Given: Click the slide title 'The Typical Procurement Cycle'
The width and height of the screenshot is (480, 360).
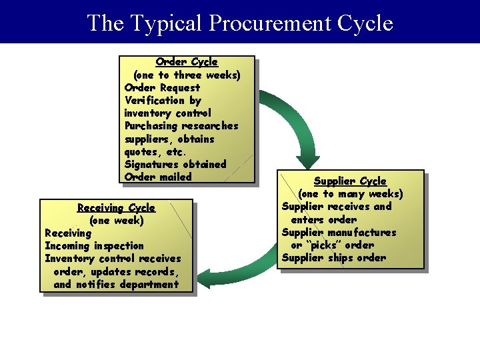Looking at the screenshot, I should pos(240,23).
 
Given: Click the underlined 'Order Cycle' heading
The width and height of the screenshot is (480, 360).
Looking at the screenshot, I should pos(187,62).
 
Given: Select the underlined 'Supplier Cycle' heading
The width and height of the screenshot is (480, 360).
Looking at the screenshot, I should pos(350,181).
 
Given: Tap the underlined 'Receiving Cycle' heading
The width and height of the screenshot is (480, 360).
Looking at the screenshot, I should pos(116,208).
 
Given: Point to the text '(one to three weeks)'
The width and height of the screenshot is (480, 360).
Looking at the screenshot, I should pos(187,75).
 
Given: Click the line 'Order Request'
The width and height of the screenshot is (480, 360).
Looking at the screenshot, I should pos(162,87).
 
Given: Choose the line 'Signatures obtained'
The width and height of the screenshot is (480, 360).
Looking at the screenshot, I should pos(175,164).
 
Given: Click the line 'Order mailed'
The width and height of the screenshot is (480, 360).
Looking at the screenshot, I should pos(158,177).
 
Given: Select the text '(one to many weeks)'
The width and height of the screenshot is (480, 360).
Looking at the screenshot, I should pos(350,194).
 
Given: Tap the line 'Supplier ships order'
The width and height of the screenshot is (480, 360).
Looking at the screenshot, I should pos(333,258).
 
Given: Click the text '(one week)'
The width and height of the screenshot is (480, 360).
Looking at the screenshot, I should pos(116,221).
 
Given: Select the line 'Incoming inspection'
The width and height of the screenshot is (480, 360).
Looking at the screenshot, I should pos(94,246).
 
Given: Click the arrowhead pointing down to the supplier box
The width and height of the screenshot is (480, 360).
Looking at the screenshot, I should pos(307,161).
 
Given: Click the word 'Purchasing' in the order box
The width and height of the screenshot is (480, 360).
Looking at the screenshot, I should pos(151,126).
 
